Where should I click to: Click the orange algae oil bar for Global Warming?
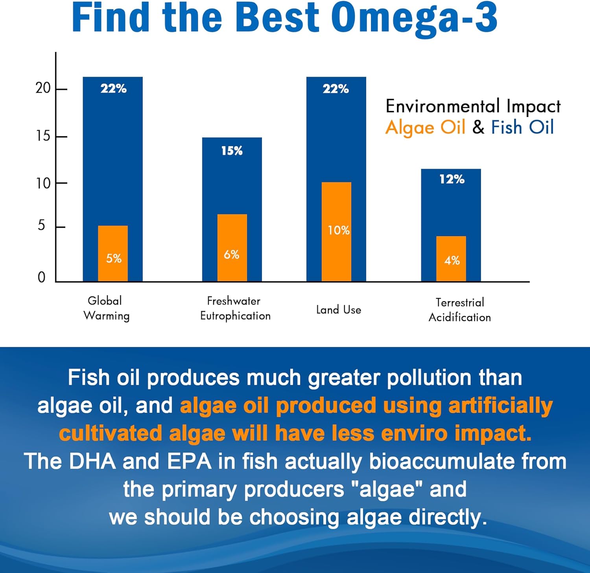click(x=113, y=253)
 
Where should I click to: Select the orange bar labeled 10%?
click(x=336, y=231)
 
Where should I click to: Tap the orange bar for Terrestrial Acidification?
click(x=451, y=258)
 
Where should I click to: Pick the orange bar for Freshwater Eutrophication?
click(x=232, y=248)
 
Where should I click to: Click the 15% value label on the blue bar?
click(x=232, y=151)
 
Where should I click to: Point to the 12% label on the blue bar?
click(x=452, y=179)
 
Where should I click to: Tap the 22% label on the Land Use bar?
click(x=336, y=89)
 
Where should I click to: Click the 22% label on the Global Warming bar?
click(x=113, y=88)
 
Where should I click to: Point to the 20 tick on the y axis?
click(x=43, y=88)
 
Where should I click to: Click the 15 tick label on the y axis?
click(x=43, y=136)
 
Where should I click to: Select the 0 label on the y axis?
click(x=41, y=277)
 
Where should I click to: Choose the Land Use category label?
click(x=339, y=310)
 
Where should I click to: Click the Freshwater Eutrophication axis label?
click(x=235, y=308)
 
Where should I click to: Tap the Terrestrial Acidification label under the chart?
click(x=459, y=310)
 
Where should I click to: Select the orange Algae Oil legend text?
click(x=425, y=127)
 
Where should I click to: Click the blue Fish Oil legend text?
click(x=522, y=127)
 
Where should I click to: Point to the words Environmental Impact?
click(x=473, y=106)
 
